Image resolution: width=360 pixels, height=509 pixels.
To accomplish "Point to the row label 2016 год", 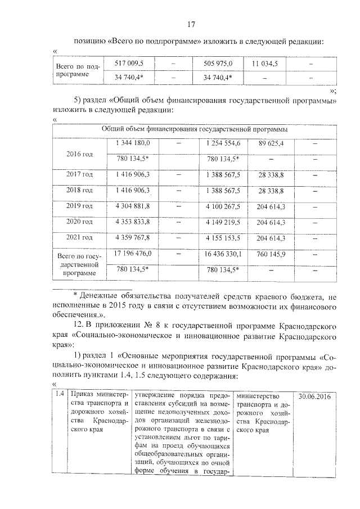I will pyautogui.click(x=79, y=154).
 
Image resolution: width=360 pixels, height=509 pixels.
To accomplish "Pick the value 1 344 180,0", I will pyautogui.click(x=133, y=144).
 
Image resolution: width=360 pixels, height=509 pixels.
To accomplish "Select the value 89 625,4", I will pyautogui.click(x=271, y=144).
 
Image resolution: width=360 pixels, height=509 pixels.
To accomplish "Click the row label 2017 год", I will pyautogui.click(x=79, y=175).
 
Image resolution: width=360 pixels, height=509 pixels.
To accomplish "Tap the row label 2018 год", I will pyautogui.click(x=79, y=191).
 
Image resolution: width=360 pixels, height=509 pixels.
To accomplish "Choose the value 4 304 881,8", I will pyautogui.click(x=133, y=207).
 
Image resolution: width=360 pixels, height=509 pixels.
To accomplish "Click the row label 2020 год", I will pyautogui.click(x=79, y=223).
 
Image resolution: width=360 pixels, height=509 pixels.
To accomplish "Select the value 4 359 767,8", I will pyautogui.click(x=133, y=238).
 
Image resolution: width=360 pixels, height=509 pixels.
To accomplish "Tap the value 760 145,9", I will pyautogui.click(x=271, y=254).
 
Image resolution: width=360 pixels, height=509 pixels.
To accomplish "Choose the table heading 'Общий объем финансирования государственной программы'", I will pyautogui.click(x=195, y=129).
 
